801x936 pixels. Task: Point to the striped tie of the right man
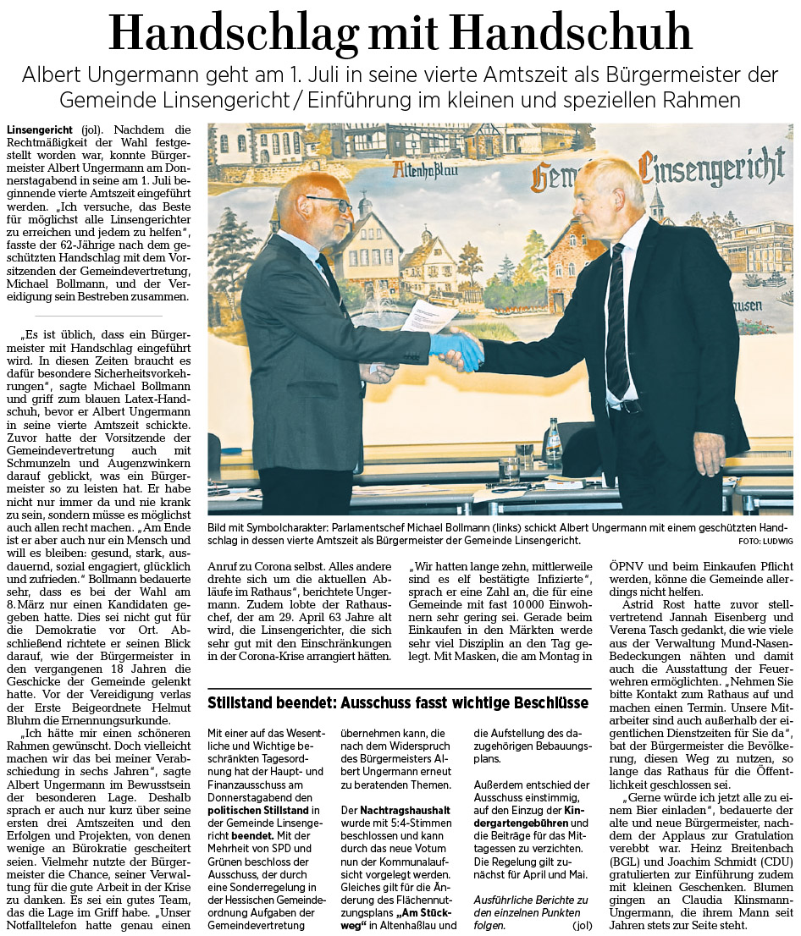point(616,322)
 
